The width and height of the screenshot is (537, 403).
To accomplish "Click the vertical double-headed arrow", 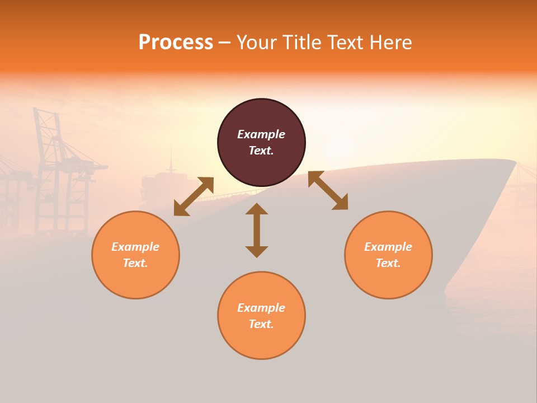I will (x=257, y=231).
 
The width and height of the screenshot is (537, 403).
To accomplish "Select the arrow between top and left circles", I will (x=194, y=196).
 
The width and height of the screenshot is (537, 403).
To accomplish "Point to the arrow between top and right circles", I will (x=328, y=191).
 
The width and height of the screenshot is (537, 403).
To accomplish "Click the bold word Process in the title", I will (x=176, y=43).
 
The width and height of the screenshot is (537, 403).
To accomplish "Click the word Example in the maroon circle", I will (x=261, y=134).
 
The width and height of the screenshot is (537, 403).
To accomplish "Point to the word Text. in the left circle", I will (x=135, y=263).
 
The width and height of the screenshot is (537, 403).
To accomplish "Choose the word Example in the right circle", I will (x=388, y=247).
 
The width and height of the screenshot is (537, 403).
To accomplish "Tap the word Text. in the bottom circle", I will (x=261, y=324).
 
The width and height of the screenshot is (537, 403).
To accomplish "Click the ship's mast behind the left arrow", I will (x=171, y=162).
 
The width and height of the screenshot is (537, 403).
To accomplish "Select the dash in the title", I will (x=225, y=43).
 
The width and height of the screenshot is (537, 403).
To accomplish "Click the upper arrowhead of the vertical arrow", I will (x=257, y=209).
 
